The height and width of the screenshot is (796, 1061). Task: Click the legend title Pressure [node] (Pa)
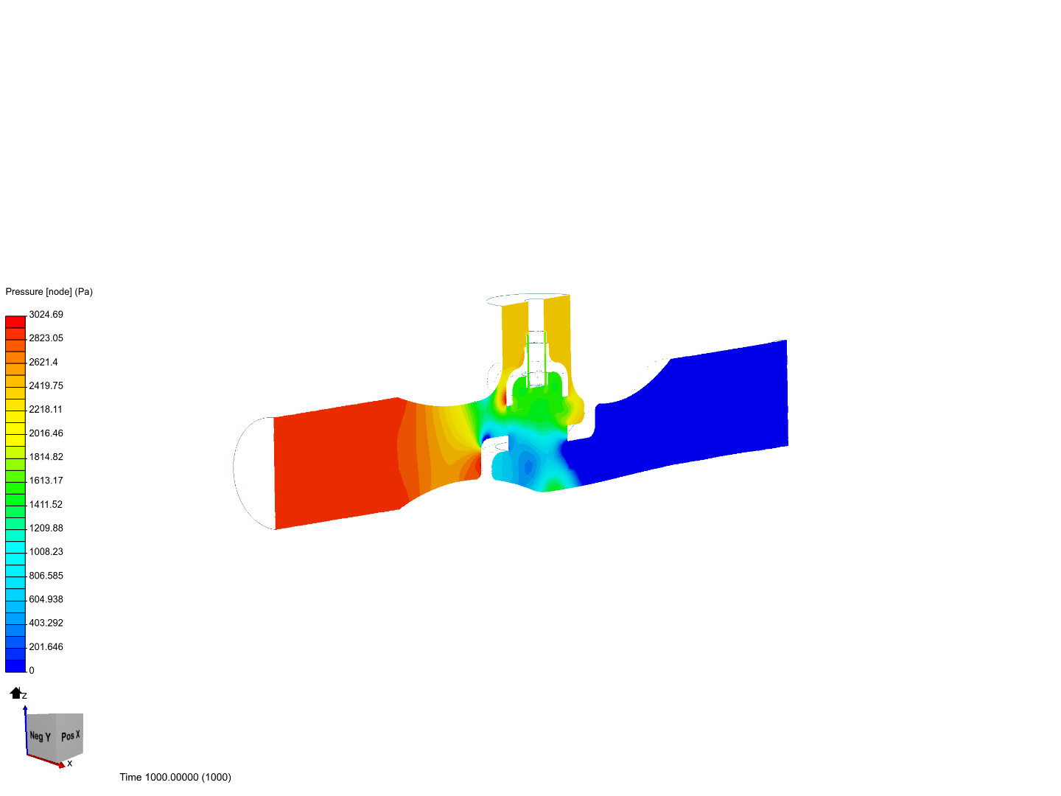click(x=49, y=292)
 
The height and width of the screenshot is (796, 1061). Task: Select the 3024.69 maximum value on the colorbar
click(x=46, y=315)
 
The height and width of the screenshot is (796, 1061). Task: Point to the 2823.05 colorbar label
click(x=46, y=338)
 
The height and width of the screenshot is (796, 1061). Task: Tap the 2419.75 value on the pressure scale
click(x=46, y=385)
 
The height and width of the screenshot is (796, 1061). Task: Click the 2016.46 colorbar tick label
click(x=46, y=433)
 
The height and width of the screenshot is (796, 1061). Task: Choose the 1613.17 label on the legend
click(x=46, y=481)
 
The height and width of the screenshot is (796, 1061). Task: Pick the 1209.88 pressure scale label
click(x=46, y=528)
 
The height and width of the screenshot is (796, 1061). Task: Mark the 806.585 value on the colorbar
click(x=46, y=576)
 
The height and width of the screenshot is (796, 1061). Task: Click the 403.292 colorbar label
click(x=46, y=623)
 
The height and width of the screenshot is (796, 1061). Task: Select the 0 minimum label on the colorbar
click(x=32, y=671)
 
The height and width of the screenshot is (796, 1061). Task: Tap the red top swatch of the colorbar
click(x=15, y=322)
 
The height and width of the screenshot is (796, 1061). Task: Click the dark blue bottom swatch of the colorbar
click(x=15, y=666)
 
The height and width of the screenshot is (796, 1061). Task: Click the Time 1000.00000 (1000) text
click(x=175, y=778)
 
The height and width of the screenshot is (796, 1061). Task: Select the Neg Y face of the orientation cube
click(x=41, y=736)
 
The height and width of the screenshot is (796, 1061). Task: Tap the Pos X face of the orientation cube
click(x=71, y=736)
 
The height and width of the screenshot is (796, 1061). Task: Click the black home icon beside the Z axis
click(x=15, y=693)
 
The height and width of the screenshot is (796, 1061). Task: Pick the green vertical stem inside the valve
click(x=528, y=354)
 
